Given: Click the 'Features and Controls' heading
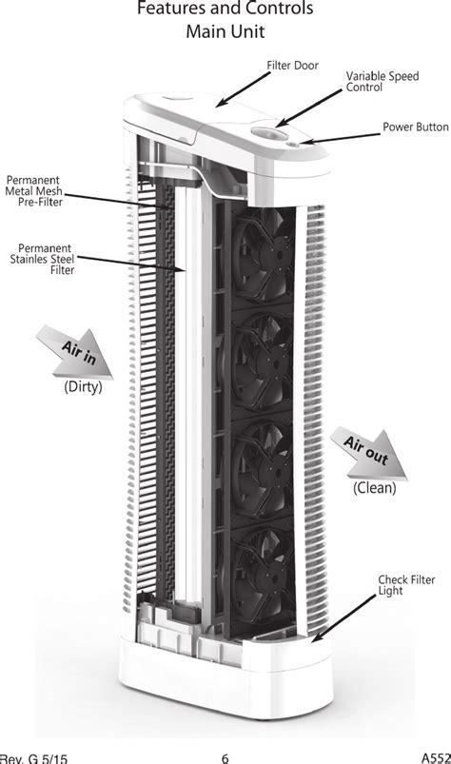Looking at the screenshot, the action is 225,9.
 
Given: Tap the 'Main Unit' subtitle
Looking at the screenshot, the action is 225,31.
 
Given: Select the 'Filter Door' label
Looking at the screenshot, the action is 292,66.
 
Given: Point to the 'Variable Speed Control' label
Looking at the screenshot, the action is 382,82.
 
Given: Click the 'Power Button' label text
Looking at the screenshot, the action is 416,127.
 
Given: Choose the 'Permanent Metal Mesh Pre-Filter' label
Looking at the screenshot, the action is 34,191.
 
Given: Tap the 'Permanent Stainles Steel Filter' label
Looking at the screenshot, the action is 43,259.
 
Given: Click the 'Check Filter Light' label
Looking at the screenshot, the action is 406,585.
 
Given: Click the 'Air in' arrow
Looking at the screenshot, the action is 76,352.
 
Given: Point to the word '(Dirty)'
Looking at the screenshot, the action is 83,387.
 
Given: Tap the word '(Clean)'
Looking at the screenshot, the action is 375,488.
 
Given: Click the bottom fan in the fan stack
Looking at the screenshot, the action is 263,575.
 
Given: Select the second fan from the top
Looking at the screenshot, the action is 263,361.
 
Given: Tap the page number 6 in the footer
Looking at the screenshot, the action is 225,758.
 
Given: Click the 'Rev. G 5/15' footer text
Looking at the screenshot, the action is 33,758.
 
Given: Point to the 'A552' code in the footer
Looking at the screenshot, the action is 436,758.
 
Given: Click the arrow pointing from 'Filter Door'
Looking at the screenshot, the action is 243,89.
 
